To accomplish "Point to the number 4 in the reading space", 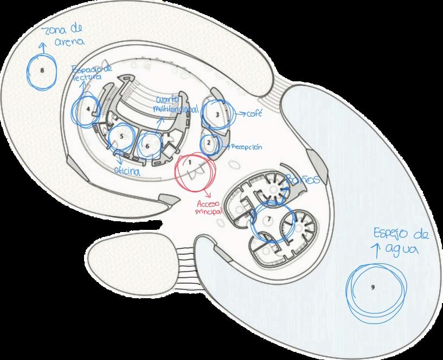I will [88, 108].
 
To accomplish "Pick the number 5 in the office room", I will [123, 136].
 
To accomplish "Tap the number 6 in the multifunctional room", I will [147, 145].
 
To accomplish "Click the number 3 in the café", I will [217, 115].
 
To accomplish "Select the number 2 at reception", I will [209, 143].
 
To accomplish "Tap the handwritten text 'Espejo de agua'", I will [400, 241].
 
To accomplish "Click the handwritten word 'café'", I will [253, 114].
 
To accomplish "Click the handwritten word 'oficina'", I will [126, 171].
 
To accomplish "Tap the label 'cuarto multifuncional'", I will [175, 105].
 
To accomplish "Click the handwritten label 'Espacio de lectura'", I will [92, 73].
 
